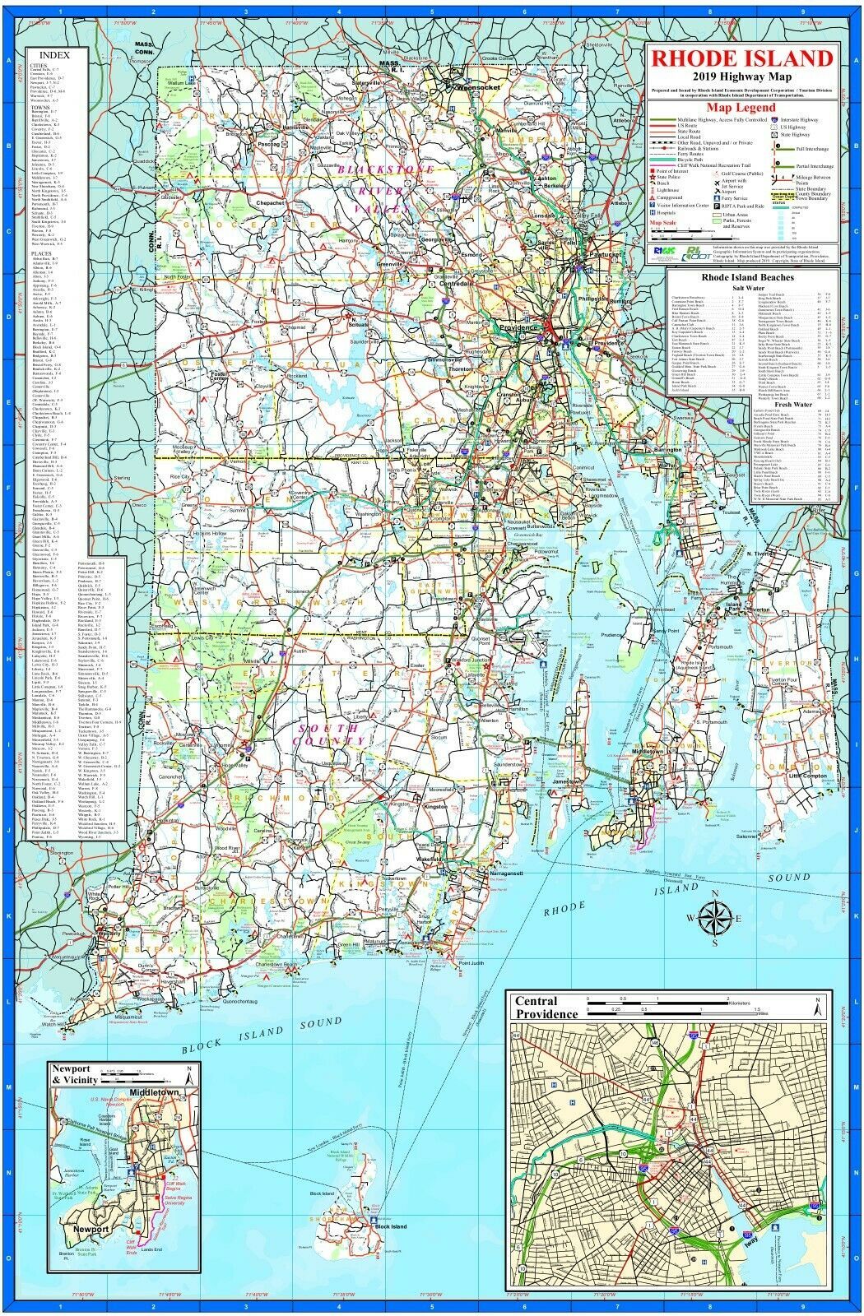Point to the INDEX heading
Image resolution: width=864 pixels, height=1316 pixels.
click(54, 55)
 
